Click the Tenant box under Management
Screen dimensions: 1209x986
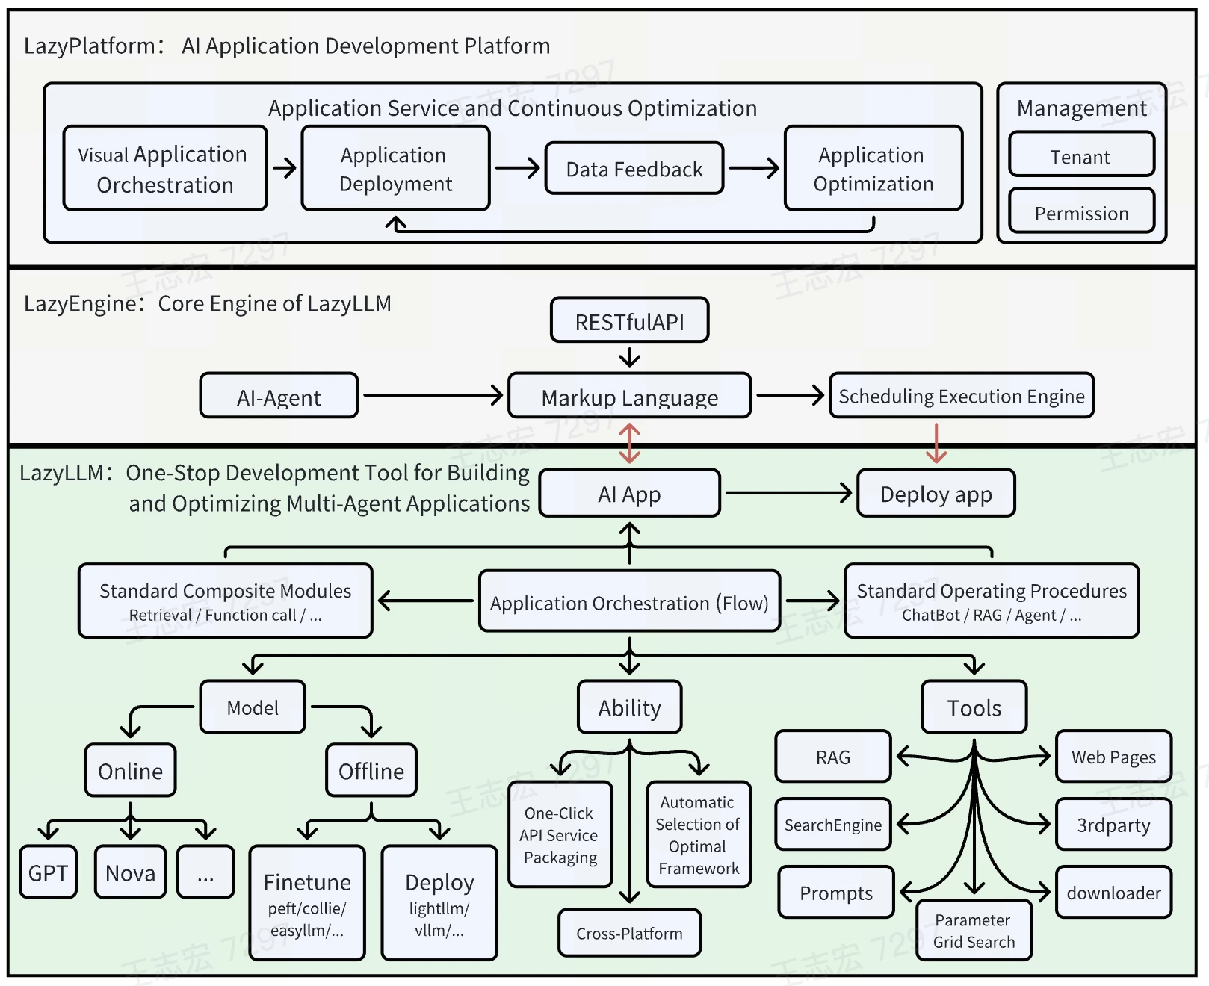point(1081,155)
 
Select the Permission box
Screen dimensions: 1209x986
point(1081,211)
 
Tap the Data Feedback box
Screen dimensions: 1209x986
point(634,169)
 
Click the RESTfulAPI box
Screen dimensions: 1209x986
point(629,320)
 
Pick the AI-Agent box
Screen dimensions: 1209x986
point(279,396)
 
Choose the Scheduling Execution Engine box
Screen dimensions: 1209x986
point(962,395)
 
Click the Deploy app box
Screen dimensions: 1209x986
point(936,493)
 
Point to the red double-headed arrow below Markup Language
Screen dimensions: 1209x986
point(630,443)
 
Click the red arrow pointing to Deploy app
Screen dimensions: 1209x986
point(936,443)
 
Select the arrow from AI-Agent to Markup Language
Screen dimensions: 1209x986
point(433,395)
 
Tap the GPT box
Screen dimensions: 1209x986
point(49,872)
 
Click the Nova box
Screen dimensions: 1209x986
point(130,872)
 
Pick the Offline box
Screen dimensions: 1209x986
point(371,770)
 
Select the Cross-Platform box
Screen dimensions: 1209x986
point(629,933)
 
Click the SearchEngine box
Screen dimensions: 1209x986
point(833,824)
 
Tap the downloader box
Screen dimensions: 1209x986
point(1113,892)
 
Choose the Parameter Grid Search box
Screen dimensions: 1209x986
point(974,931)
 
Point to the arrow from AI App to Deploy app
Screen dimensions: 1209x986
point(789,493)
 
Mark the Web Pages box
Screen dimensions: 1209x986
point(1113,756)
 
